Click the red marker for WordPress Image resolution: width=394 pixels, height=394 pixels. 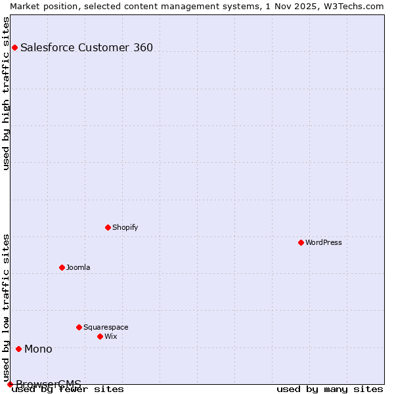(x=301, y=242)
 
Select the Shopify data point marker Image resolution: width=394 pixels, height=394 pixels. (x=108, y=227)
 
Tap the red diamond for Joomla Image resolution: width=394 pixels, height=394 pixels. (x=62, y=267)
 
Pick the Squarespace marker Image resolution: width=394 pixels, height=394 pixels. (x=79, y=327)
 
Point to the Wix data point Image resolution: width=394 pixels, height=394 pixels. (x=100, y=336)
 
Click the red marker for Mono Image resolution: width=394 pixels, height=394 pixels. (x=19, y=349)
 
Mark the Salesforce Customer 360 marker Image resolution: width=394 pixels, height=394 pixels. (x=15, y=47)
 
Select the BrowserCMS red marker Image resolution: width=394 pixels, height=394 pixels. (x=10, y=384)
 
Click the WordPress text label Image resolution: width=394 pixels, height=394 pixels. (x=324, y=242)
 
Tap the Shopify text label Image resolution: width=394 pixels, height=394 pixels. (x=125, y=227)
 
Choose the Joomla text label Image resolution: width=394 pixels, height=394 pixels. (x=78, y=267)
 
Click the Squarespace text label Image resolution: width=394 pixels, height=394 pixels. (x=106, y=327)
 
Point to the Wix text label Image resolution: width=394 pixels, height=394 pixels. (x=111, y=336)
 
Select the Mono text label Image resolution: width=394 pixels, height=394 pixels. (x=38, y=349)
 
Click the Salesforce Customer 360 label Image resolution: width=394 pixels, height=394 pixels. (x=87, y=47)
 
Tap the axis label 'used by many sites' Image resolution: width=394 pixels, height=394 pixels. (x=329, y=389)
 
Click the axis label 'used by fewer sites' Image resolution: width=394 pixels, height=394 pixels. (x=68, y=389)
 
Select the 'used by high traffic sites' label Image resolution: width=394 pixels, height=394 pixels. (x=6, y=93)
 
